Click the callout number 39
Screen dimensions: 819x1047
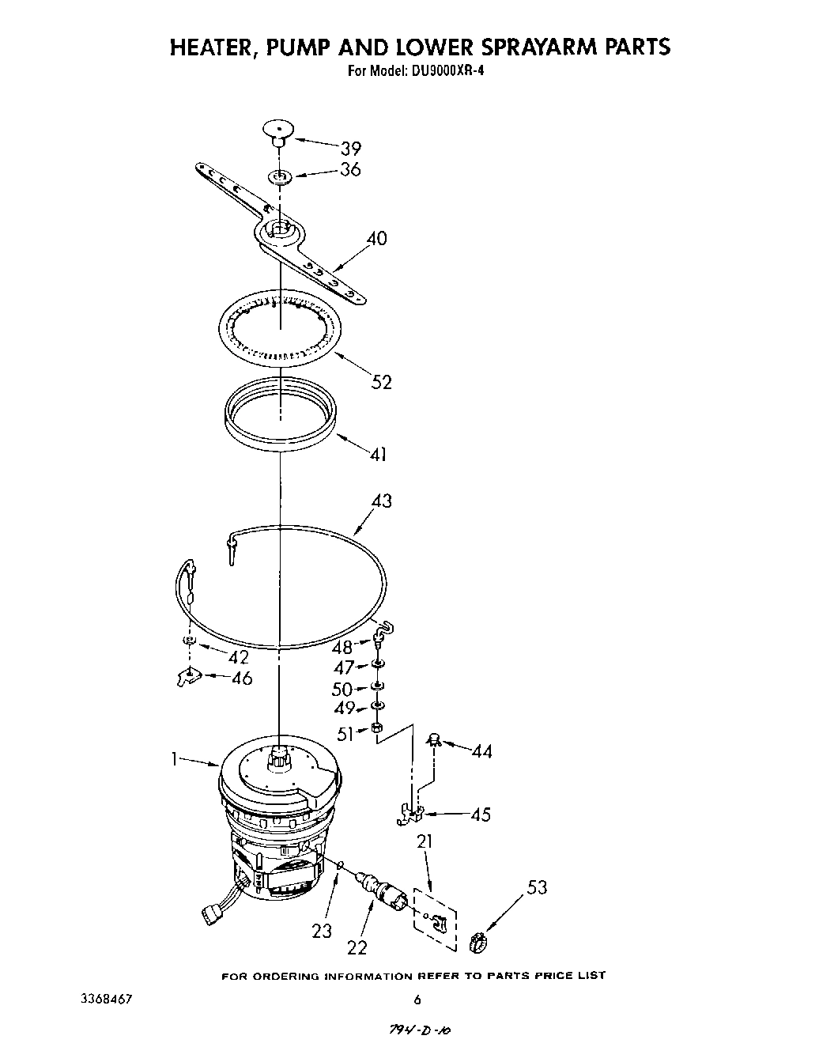pos(351,148)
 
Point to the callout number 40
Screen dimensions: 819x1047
pos(377,238)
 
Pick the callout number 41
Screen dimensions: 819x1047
pos(379,454)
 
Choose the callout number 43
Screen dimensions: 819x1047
pos(381,501)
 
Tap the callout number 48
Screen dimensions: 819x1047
pos(342,647)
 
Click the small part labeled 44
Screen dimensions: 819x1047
pos(433,740)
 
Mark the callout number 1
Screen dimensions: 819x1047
pos(173,759)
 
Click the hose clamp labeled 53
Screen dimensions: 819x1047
pos(477,941)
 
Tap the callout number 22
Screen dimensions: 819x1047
pos(357,947)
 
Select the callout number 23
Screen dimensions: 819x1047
pos(321,931)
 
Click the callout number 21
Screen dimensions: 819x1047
pos(425,841)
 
